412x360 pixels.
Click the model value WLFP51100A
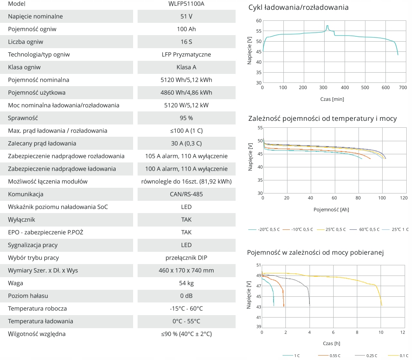click(x=186, y=4)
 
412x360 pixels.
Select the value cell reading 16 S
click(x=186, y=42)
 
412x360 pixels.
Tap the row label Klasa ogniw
click(x=24, y=67)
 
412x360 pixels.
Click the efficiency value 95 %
click(x=186, y=118)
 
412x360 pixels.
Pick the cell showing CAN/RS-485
click(x=186, y=194)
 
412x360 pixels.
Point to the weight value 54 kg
click(x=186, y=283)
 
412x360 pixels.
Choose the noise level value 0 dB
click(x=186, y=296)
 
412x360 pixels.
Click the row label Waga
click(x=15, y=283)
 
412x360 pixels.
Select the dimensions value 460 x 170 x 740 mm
click(x=186, y=270)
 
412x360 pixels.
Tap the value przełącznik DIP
click(x=186, y=258)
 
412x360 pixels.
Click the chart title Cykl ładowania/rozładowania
click(x=298, y=7)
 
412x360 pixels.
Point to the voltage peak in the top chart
click(x=327, y=26)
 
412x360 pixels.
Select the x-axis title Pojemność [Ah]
click(x=331, y=209)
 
